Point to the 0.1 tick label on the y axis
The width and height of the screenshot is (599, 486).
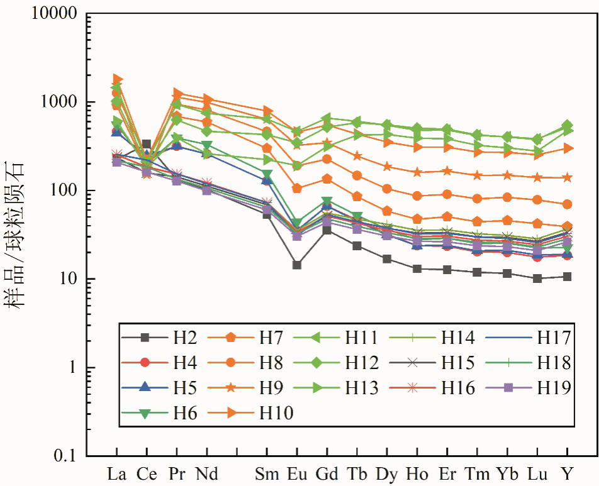coord(65,455)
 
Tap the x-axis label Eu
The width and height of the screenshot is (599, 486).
coord(296,473)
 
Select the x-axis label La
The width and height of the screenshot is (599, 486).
coord(117,473)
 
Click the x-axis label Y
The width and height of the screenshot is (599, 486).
coord(568,473)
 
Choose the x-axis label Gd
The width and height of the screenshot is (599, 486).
coord(326,473)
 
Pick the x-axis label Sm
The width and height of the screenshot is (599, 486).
coord(266,473)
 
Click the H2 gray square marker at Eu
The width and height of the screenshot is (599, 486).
coord(296,265)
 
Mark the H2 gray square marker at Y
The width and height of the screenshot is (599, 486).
coord(568,277)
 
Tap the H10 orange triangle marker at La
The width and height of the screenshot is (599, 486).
coord(118,79)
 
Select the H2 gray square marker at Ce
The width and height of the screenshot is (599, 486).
coord(147,145)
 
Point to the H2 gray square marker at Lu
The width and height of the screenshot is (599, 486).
coord(537,278)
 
